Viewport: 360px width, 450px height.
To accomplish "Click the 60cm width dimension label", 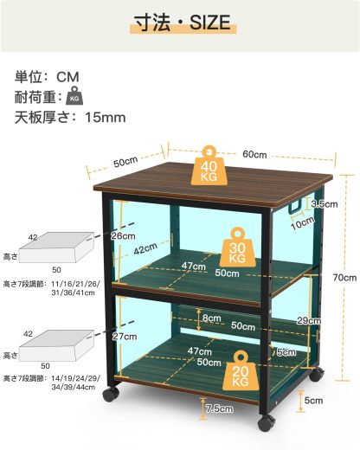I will [x=254, y=153].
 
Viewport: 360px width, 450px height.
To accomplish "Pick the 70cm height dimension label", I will [x=344, y=278].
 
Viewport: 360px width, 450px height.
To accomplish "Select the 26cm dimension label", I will [x=123, y=235].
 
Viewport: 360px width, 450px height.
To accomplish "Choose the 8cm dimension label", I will [x=212, y=318].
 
